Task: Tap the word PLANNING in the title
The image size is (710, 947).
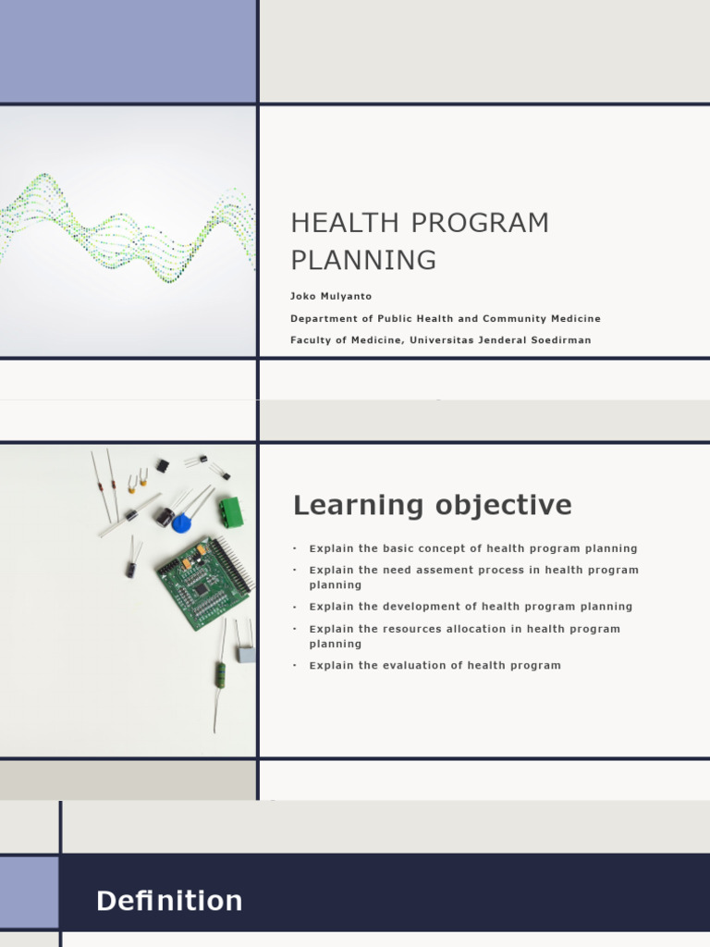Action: tap(363, 261)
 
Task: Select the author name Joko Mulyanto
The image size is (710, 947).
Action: tap(330, 296)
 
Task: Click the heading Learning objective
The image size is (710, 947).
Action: tap(432, 505)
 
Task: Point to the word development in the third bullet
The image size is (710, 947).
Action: tap(415, 607)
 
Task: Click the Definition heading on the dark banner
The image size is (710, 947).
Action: tap(169, 901)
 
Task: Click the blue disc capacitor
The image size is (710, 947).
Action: tap(181, 523)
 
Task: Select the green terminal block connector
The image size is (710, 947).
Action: tap(230, 511)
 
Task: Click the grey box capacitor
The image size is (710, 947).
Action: tap(246, 654)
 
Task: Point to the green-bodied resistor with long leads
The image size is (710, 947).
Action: tap(221, 673)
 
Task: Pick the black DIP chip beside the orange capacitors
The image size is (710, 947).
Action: tap(162, 465)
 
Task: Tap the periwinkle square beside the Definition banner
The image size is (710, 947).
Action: tap(29, 892)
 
